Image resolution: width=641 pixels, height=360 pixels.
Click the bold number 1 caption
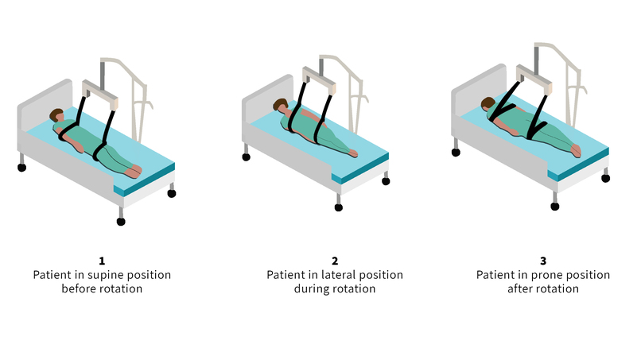tap(102, 261)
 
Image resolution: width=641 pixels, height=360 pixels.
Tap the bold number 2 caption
tap(335, 261)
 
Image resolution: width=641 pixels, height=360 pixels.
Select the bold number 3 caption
tap(543, 261)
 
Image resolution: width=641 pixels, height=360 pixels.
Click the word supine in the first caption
tap(104, 276)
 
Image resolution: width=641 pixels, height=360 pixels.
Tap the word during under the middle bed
tap(311, 288)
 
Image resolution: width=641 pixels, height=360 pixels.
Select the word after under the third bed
tap(520, 288)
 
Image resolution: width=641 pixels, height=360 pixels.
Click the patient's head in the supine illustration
tap(56, 115)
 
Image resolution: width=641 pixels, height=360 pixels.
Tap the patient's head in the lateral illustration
tap(281, 105)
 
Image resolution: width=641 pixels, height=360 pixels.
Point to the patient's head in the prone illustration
tap(488, 103)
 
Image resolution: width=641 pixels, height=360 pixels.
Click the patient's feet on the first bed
tap(134, 171)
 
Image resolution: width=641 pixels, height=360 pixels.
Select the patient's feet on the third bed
tap(576, 150)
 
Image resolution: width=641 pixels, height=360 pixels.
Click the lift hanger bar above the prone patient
tap(534, 79)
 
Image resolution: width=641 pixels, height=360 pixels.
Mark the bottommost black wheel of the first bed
tap(121, 222)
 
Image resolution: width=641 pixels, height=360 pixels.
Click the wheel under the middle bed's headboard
tap(246, 157)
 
